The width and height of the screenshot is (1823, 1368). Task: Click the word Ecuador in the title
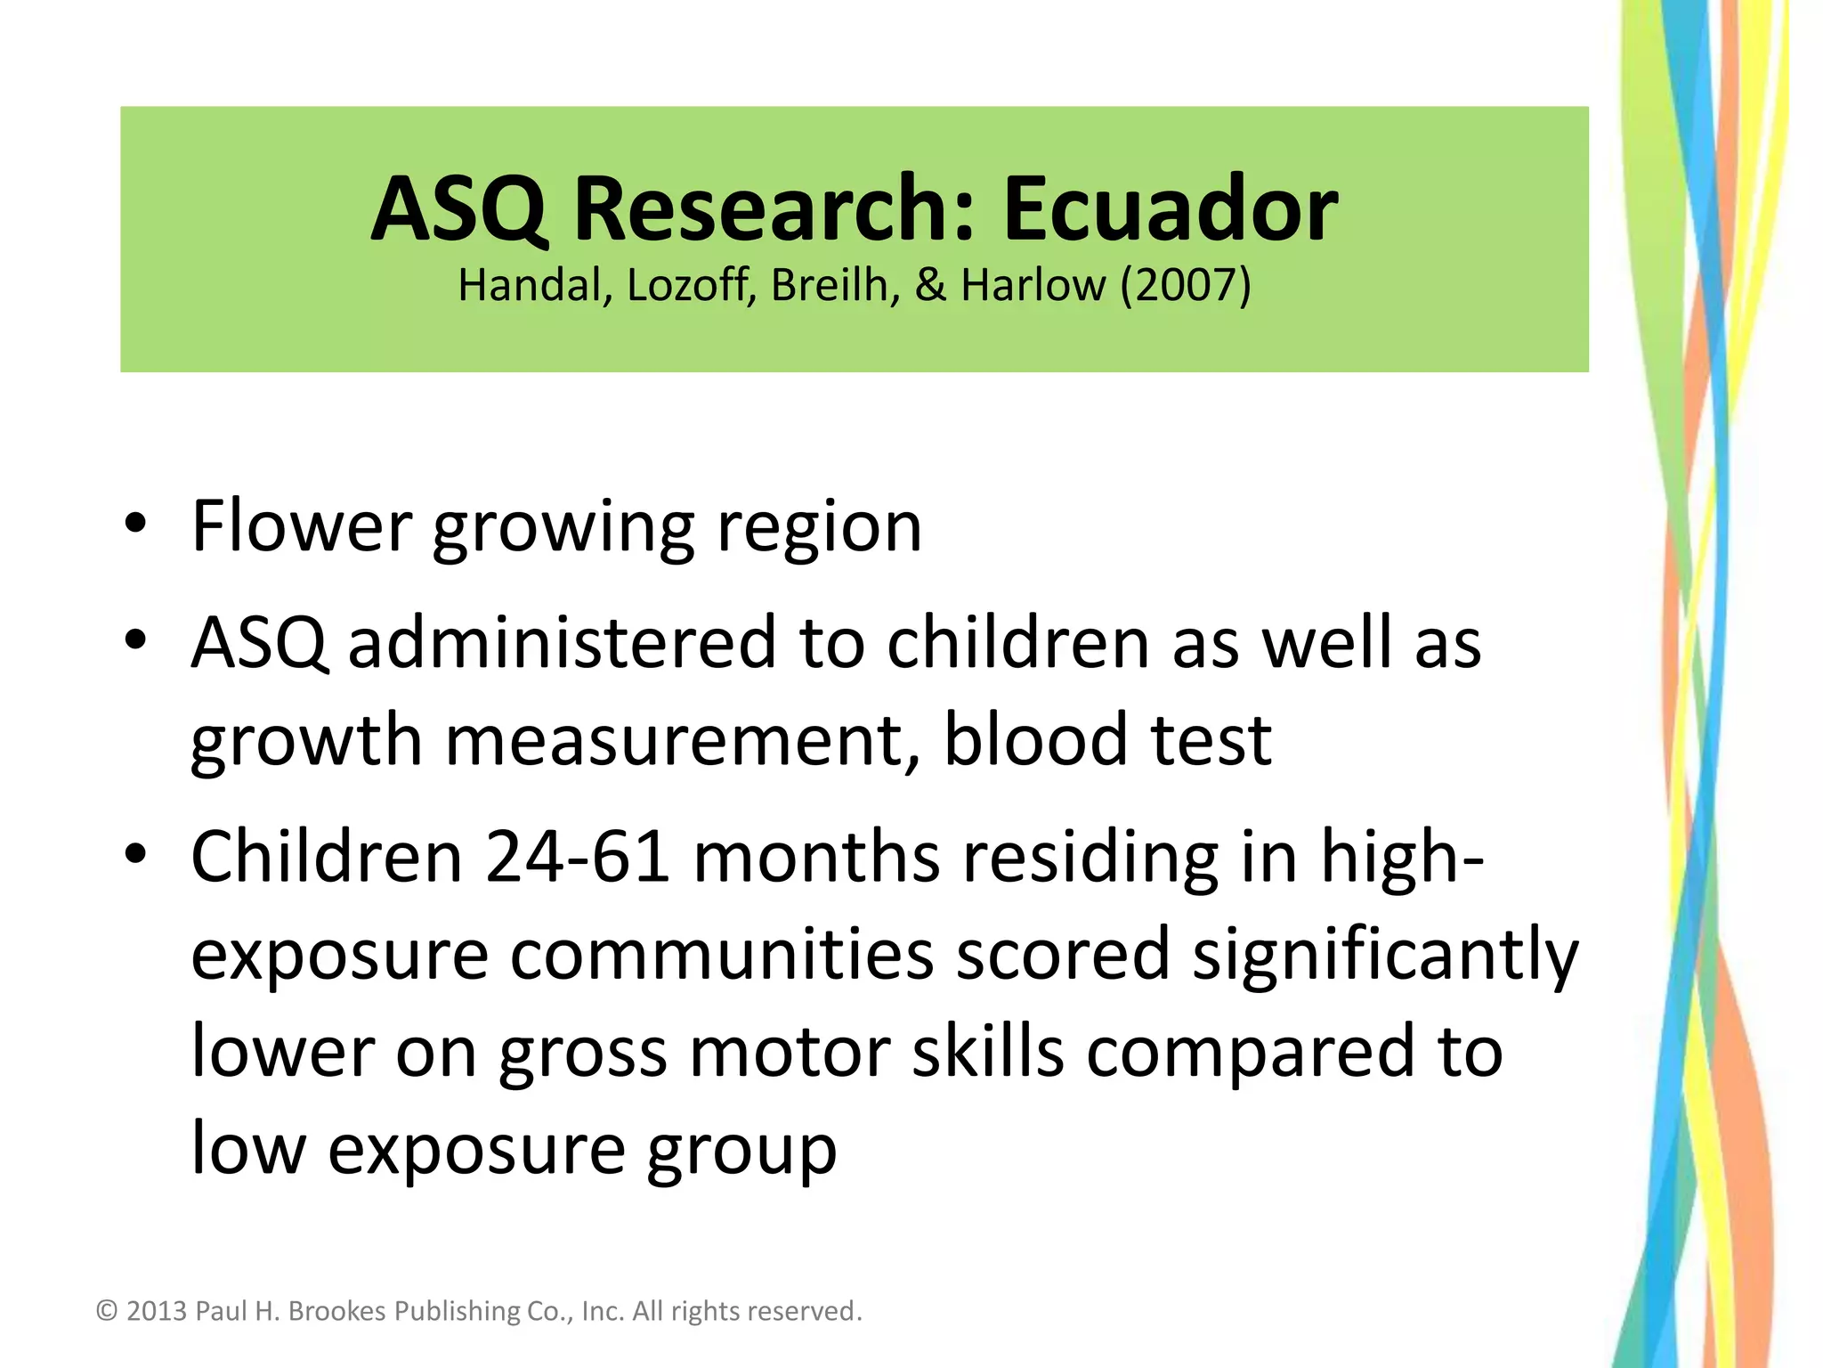click(1170, 209)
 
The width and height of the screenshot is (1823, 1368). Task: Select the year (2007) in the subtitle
click(1186, 286)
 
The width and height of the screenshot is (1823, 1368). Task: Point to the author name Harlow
click(1033, 286)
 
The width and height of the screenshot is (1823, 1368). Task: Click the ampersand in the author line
click(930, 286)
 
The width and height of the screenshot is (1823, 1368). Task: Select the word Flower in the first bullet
click(302, 526)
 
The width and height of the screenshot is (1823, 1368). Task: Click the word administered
click(563, 642)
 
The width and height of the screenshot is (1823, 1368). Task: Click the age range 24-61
click(578, 857)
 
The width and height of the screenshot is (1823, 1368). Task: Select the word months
click(816, 857)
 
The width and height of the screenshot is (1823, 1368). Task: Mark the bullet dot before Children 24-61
click(135, 854)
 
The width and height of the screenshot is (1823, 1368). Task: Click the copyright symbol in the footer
click(107, 1311)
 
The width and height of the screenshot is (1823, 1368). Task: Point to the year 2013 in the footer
click(157, 1311)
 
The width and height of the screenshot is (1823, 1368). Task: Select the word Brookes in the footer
click(337, 1311)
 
